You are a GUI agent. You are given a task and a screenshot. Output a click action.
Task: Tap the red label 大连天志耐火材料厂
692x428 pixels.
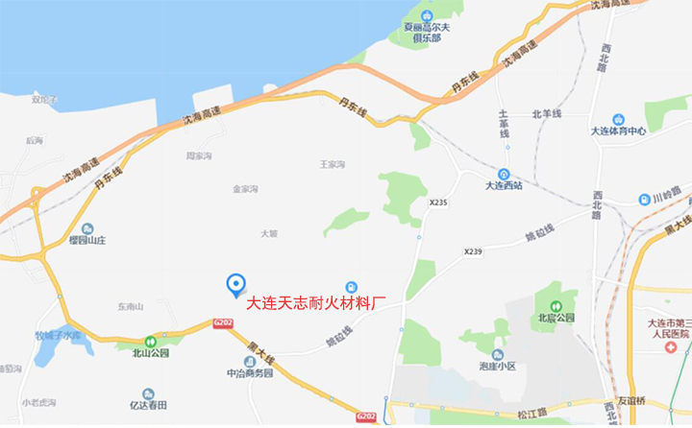click(x=316, y=305)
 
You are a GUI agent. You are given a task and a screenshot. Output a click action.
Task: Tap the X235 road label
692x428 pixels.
click(x=438, y=202)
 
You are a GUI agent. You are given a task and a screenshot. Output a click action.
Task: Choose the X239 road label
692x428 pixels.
click(x=472, y=251)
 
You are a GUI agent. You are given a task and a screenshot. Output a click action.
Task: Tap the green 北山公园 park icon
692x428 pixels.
click(x=150, y=341)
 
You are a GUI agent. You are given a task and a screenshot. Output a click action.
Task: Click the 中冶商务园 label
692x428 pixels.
click(x=249, y=373)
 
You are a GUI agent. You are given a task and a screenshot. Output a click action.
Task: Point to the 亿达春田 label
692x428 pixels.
click(x=148, y=405)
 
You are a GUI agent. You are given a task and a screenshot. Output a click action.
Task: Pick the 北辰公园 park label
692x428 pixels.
click(x=556, y=318)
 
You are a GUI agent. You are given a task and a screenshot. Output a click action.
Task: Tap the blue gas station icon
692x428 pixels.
click(x=352, y=287)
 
